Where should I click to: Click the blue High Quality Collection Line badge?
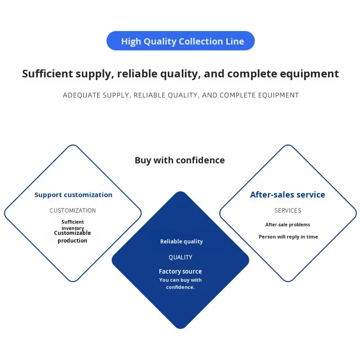[x=180, y=41]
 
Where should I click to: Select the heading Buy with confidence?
[x=180, y=160]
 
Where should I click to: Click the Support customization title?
[x=73, y=195]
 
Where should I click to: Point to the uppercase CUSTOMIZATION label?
[x=72, y=210]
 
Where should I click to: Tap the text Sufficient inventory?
[x=72, y=225]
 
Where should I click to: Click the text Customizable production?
[x=72, y=237]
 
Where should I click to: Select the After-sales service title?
[x=288, y=195]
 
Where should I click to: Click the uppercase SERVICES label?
[x=288, y=210]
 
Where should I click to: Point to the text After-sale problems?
[x=288, y=225]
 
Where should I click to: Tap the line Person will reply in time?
[x=288, y=237]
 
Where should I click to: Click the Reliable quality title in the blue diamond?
[x=181, y=242]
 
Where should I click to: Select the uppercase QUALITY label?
[x=180, y=257]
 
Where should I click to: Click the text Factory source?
[x=180, y=271]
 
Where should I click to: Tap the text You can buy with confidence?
[x=180, y=283]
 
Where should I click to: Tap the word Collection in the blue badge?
[x=200, y=41]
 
